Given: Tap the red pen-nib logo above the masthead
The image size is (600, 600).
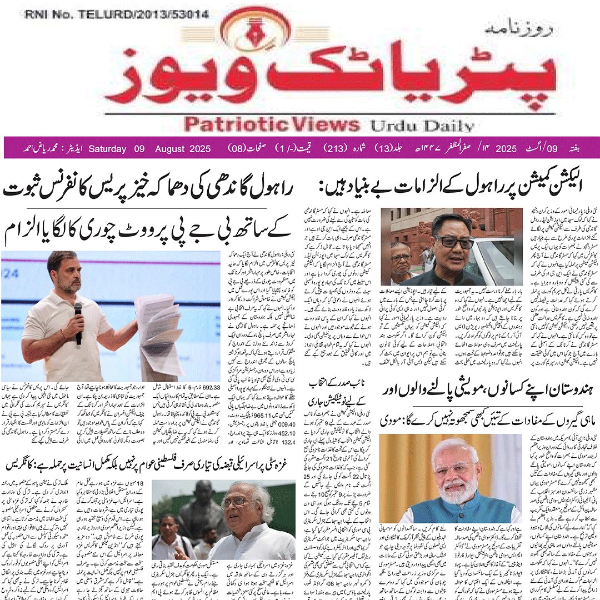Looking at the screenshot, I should [x=301, y=35].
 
